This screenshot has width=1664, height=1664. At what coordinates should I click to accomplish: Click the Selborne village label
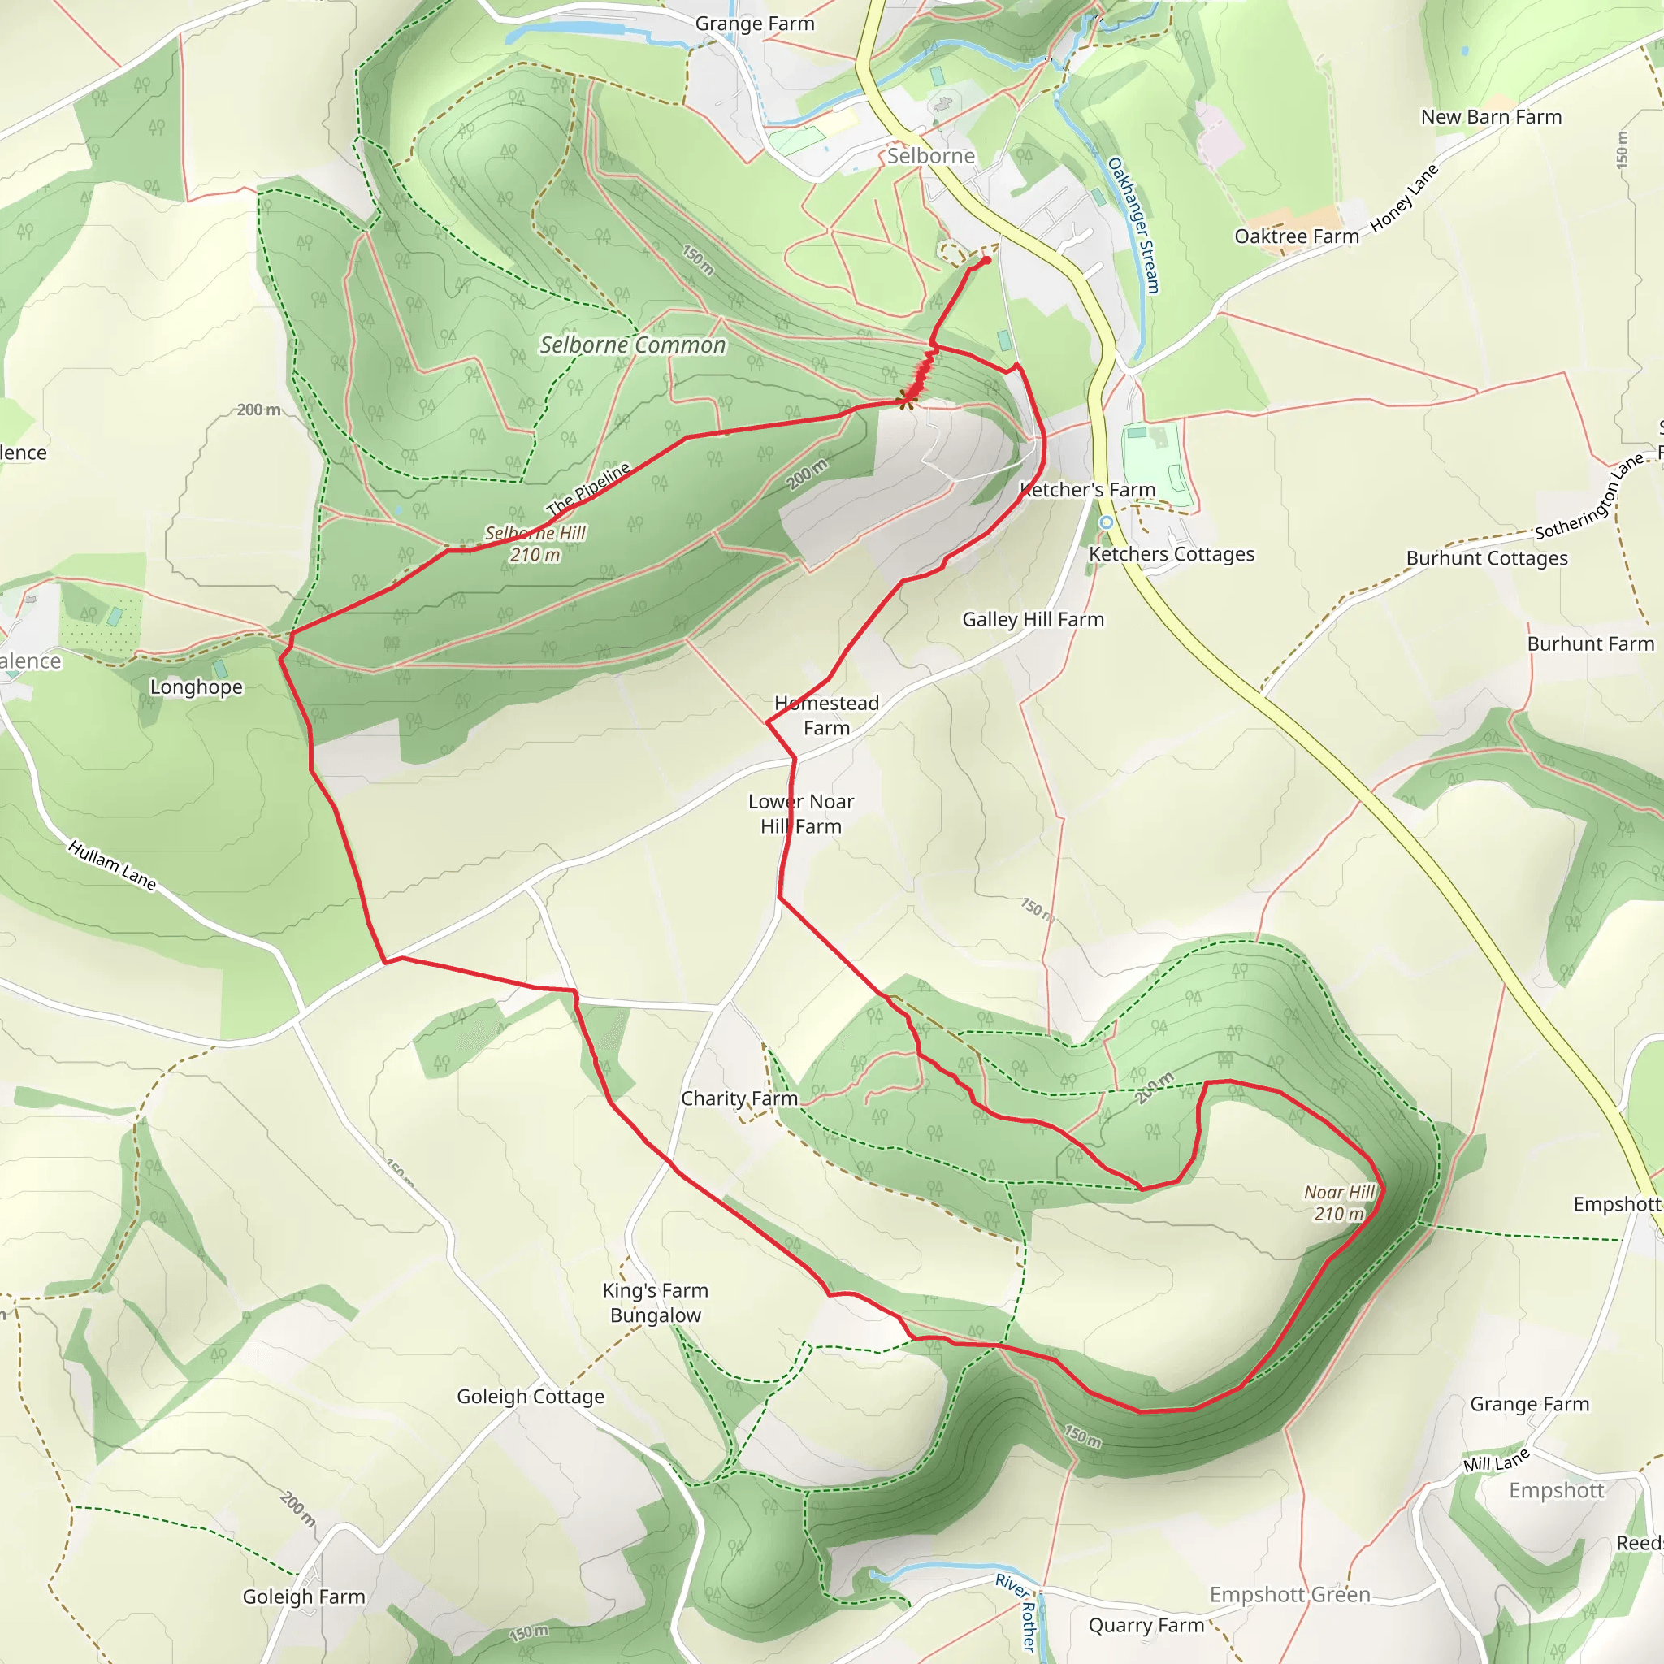931,156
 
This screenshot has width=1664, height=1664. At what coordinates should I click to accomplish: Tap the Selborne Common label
632,344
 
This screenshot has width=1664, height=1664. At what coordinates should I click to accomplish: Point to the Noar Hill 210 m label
1339,1202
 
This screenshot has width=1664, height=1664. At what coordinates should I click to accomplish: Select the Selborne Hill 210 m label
535,544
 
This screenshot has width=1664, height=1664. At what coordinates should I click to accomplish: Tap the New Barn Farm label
1491,116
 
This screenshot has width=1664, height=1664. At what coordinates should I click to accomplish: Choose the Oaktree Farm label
1296,236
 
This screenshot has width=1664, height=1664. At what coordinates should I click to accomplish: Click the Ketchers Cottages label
1172,554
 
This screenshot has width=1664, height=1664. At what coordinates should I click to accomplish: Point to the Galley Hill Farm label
1033,619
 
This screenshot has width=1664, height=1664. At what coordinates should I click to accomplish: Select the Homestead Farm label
827,715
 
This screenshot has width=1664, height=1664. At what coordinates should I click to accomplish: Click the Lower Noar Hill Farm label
801,813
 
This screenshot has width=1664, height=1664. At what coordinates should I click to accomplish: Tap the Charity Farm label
739,1098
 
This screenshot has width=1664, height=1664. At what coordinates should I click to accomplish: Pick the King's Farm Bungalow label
656,1302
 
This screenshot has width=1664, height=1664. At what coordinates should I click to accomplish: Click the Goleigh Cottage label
531,1396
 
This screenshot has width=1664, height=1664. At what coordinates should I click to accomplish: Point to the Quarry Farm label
1146,1625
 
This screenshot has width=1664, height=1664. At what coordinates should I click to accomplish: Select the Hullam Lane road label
112,864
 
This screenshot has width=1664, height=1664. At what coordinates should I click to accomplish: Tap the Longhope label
197,687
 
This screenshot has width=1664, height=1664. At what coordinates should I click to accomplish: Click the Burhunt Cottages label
1487,558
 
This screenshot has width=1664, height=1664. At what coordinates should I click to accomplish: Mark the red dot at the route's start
986,260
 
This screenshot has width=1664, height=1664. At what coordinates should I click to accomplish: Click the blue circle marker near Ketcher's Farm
1106,522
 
